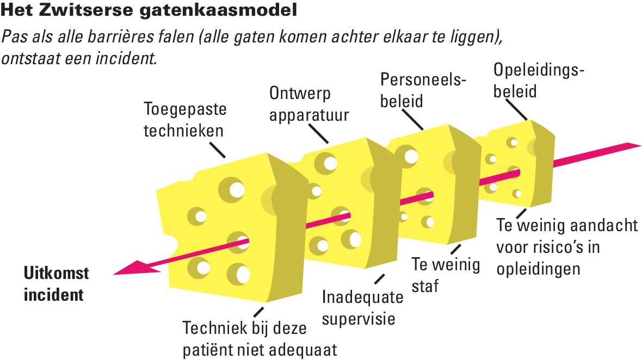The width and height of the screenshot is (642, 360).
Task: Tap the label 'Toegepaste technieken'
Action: pyautogui.click(x=185, y=120)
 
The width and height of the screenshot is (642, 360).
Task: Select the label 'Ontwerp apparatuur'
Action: pyautogui.click(x=309, y=104)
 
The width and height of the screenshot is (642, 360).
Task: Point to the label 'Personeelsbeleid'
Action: pyautogui.click(x=423, y=90)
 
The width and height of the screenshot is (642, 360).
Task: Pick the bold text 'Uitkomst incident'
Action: pyautogui.click(x=57, y=284)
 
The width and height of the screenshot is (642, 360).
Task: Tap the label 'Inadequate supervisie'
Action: pyautogui.click(x=362, y=308)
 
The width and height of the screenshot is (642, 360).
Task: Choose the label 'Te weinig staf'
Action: pyautogui.click(x=446, y=275)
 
